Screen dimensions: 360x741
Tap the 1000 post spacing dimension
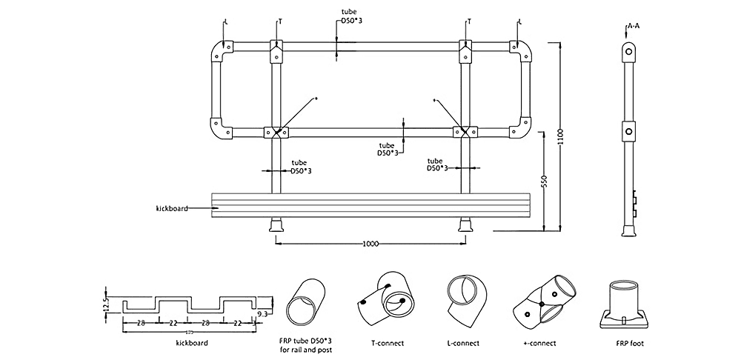pos(373,244)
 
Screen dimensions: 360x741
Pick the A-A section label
pos(634,27)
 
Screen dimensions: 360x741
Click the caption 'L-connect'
pos(465,343)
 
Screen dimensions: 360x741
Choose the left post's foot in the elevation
pos(276,225)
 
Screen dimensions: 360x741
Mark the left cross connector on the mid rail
pos(276,133)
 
